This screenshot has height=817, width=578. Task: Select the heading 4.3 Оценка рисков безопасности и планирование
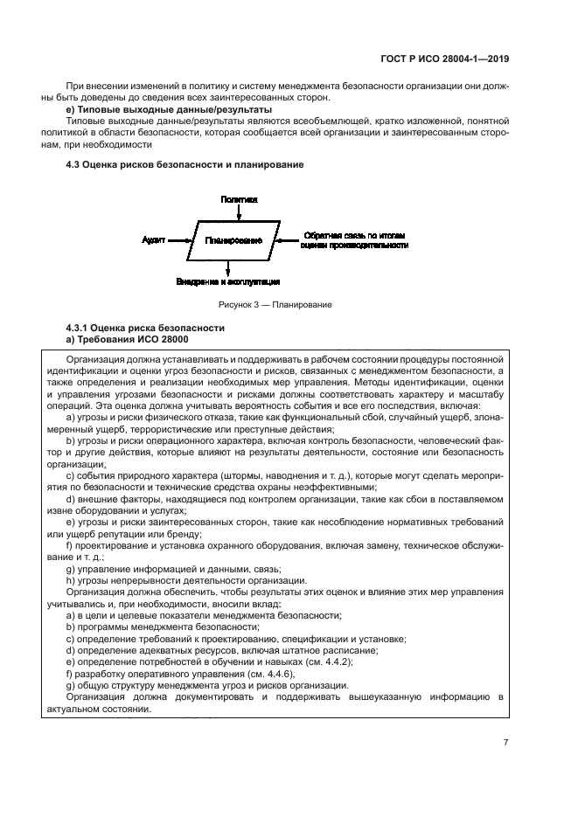(x=185, y=166)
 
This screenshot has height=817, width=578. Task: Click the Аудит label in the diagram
(x=155, y=239)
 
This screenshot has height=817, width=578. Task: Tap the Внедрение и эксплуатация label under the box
(x=227, y=281)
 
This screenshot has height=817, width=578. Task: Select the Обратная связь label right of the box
(x=354, y=240)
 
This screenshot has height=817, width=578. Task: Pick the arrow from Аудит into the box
(x=181, y=239)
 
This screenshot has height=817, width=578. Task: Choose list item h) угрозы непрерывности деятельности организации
(x=186, y=580)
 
